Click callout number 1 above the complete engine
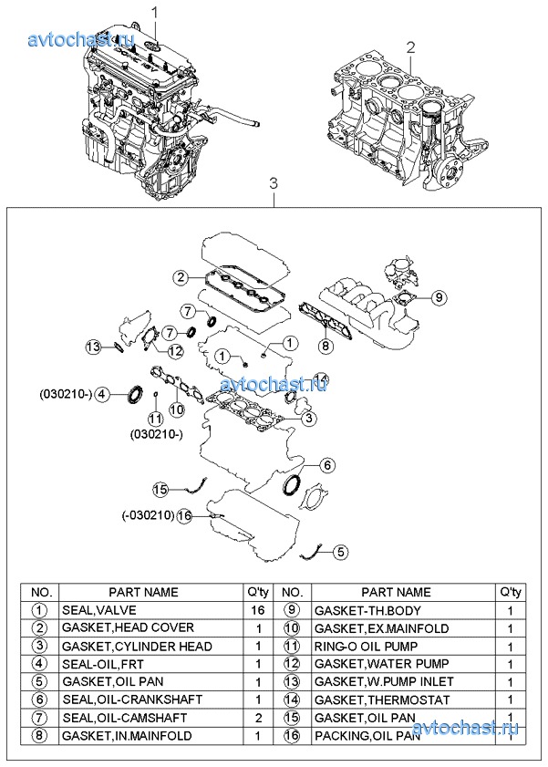coord(154,13)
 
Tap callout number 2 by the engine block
coord(411,47)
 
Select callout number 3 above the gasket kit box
coord(274,185)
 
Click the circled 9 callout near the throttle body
coord(437,296)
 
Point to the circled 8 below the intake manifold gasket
coord(324,346)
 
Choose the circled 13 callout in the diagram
coord(94,346)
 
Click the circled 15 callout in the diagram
coord(160,490)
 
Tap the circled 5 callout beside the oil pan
coord(340,551)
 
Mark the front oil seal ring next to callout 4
coord(134,393)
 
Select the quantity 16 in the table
coord(259,609)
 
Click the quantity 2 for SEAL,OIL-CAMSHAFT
coord(259,717)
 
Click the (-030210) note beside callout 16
coord(148,515)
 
